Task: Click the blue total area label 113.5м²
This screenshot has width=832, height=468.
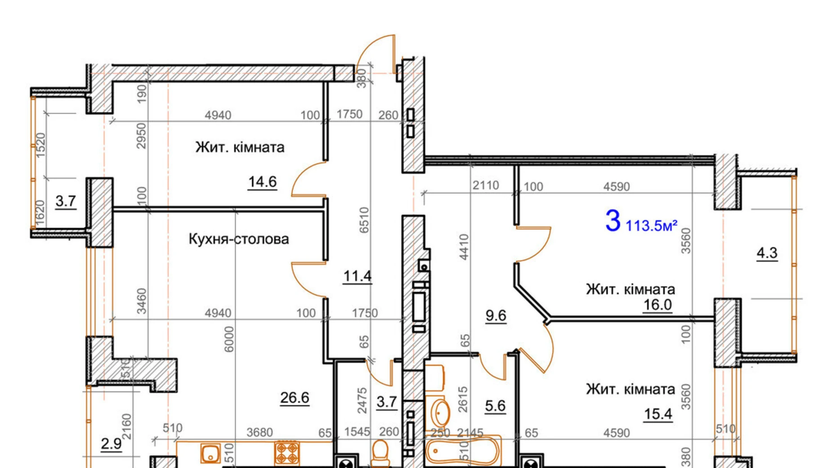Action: click(651, 225)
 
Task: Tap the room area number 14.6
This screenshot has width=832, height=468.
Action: click(262, 182)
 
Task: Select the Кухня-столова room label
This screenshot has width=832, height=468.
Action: click(238, 238)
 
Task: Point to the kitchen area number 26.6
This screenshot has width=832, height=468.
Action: click(295, 398)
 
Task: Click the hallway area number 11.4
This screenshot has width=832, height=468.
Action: click(357, 276)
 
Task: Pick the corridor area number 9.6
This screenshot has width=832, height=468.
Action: click(496, 316)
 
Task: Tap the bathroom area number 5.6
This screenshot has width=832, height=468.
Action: click(495, 406)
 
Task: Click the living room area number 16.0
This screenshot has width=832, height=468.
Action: click(658, 305)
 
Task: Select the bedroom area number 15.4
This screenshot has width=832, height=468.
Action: click(658, 414)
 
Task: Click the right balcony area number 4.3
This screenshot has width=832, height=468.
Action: click(767, 253)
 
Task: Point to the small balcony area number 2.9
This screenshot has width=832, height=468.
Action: click(111, 444)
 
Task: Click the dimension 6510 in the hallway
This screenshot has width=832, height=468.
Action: click(364, 220)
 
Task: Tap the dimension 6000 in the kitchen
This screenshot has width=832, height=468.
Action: click(229, 339)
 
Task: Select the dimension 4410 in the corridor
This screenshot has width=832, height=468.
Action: click(464, 247)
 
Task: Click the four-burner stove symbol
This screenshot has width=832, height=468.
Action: click(287, 453)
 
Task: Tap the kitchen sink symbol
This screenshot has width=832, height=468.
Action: click(210, 453)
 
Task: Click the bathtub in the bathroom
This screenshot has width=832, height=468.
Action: click(463, 451)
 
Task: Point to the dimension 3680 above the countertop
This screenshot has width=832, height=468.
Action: click(259, 432)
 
